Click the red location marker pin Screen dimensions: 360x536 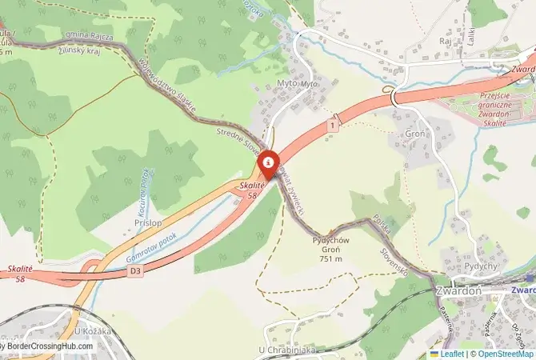pyautogui.click(x=267, y=163)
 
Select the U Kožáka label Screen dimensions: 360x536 pyautogui.click(x=90, y=330)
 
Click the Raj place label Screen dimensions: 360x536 pyautogui.click(x=446, y=40)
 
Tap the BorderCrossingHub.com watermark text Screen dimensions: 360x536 pyautogui.click(x=50, y=346)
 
